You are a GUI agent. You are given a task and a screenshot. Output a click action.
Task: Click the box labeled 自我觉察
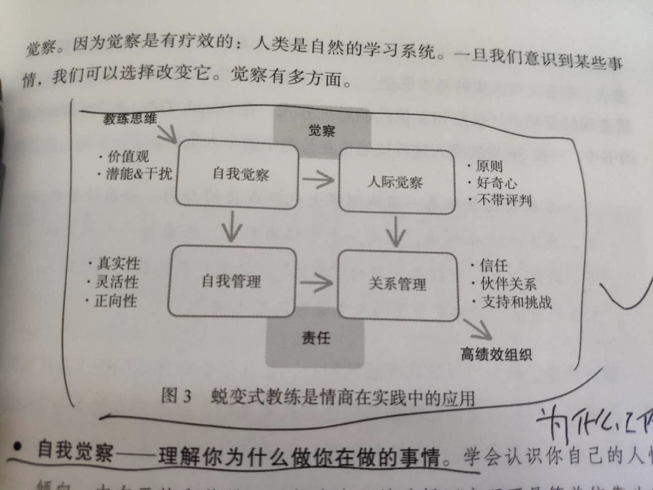pyautogui.click(x=237, y=175)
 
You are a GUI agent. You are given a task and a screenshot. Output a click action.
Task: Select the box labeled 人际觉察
pyautogui.click(x=396, y=181)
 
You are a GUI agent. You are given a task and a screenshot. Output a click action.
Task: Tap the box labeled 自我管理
pyautogui.click(x=232, y=281)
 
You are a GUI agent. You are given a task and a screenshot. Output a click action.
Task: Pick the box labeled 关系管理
pyautogui.click(x=398, y=284)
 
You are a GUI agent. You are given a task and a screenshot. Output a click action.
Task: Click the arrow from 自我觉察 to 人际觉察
pyautogui.click(x=318, y=180)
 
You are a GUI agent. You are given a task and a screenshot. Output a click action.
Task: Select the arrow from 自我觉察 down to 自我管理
pyautogui.click(x=232, y=227)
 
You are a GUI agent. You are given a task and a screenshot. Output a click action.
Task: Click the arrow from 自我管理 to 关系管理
pyautogui.click(x=317, y=284)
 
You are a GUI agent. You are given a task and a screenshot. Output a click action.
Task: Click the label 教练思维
pyautogui.click(x=130, y=119)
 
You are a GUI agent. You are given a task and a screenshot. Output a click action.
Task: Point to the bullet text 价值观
pyautogui.click(x=128, y=157)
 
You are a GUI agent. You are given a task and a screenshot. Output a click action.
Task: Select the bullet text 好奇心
pyautogui.click(x=497, y=183)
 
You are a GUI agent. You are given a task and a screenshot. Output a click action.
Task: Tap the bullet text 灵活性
pyautogui.click(x=117, y=282)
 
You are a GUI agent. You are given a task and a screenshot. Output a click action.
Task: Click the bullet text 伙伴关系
pyautogui.click(x=508, y=284)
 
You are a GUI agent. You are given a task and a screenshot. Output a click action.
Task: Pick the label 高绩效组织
pyautogui.click(x=496, y=354)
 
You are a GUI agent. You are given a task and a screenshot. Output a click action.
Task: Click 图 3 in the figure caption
pyautogui.click(x=176, y=396)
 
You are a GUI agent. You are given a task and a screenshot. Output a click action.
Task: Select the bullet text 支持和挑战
pyautogui.click(x=516, y=302)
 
